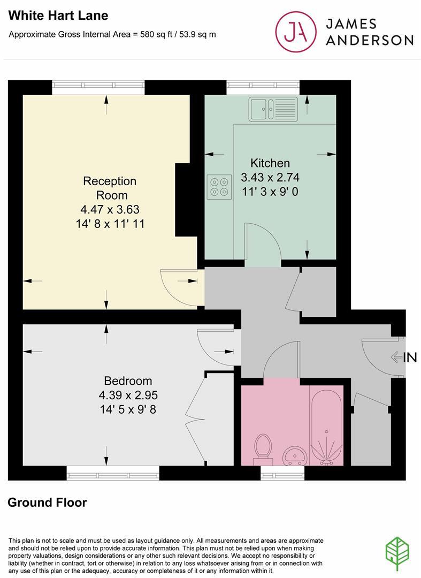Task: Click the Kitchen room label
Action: tap(270, 163)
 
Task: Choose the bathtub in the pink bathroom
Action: tap(326, 423)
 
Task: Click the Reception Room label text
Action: tap(110, 188)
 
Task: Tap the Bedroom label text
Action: tap(128, 381)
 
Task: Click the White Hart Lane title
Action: tap(58, 16)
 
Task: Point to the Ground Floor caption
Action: tap(47, 503)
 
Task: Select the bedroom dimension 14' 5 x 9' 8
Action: tap(128, 410)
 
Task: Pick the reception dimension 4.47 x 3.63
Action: tap(110, 209)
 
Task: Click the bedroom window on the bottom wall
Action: tap(113, 472)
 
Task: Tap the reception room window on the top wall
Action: tap(98, 87)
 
